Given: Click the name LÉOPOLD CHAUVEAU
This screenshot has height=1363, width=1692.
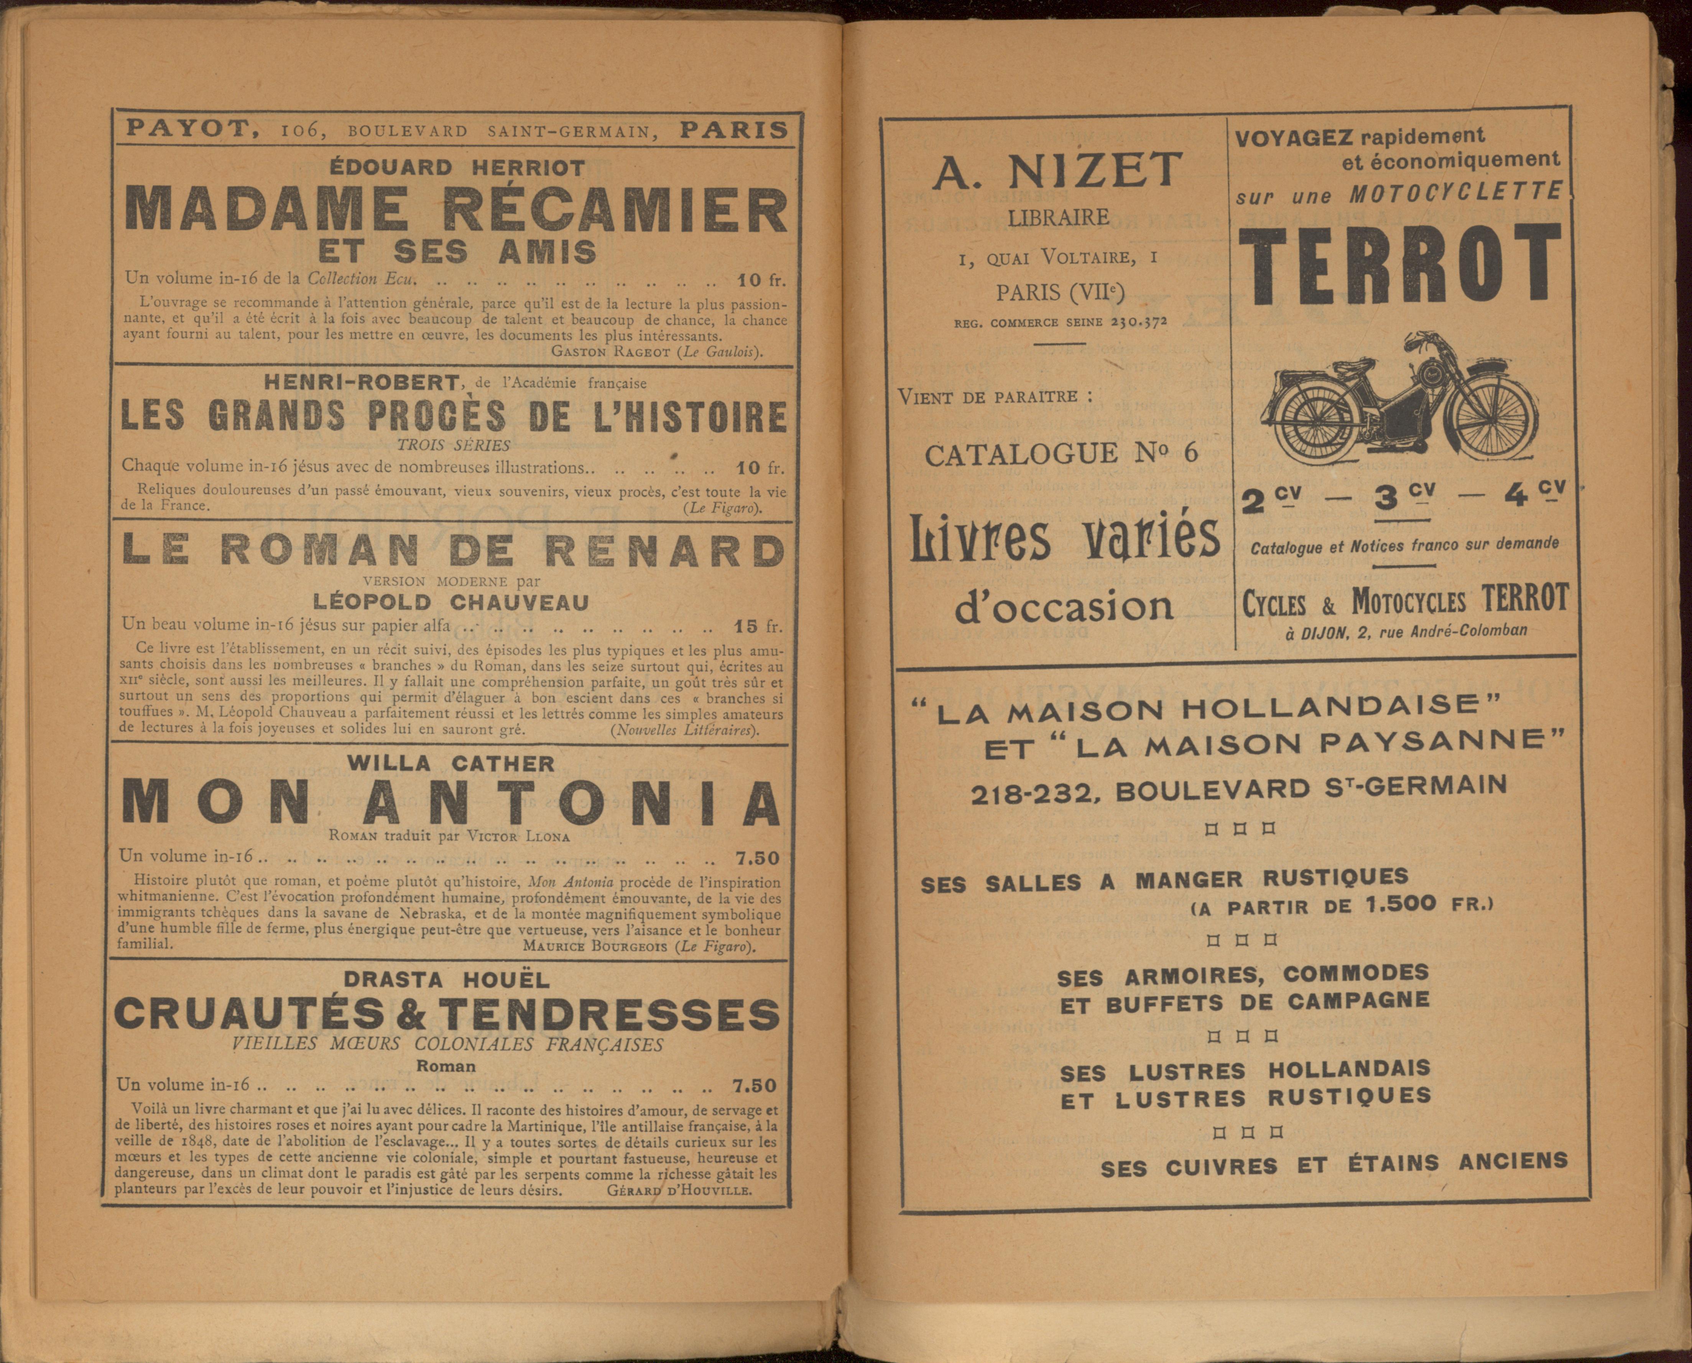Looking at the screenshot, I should click(451, 602).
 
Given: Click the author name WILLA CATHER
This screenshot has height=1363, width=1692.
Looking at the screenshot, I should click(451, 763).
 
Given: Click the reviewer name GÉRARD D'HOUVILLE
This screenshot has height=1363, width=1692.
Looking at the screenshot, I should click(680, 1189).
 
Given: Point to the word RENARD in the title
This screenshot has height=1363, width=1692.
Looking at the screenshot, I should click(663, 551).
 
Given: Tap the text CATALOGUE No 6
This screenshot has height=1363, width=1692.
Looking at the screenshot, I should click(1062, 453).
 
